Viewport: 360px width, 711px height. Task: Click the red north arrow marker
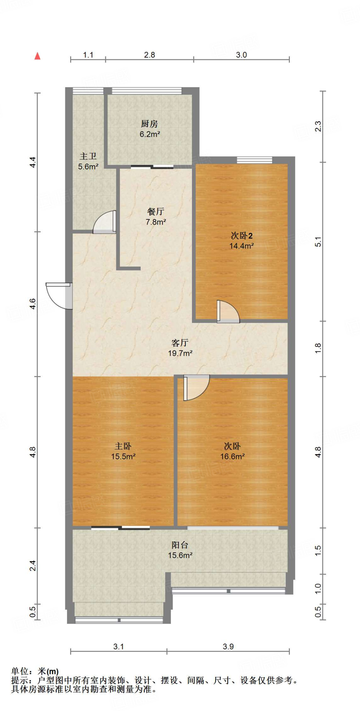37,56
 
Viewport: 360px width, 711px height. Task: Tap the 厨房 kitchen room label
149,124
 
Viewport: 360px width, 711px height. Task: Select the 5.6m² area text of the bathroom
88,167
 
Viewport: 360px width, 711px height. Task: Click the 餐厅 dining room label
156,211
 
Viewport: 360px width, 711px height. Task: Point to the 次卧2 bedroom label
242,236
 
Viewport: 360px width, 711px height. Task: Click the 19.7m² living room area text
180,353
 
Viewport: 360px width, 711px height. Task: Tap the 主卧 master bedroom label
123,446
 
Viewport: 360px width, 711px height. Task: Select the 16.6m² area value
232,457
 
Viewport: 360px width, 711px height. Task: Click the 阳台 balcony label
180,545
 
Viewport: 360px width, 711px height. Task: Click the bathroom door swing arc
103,223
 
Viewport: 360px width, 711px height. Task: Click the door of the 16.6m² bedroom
196,387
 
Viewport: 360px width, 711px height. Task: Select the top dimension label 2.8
149,55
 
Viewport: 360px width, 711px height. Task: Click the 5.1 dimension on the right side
318,242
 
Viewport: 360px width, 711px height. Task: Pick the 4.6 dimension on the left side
32,304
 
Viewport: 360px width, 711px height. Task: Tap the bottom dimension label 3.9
228,647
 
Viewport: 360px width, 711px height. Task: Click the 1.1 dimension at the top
88,55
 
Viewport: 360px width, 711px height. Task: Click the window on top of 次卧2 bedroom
254,160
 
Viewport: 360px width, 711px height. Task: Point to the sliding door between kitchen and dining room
152,167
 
